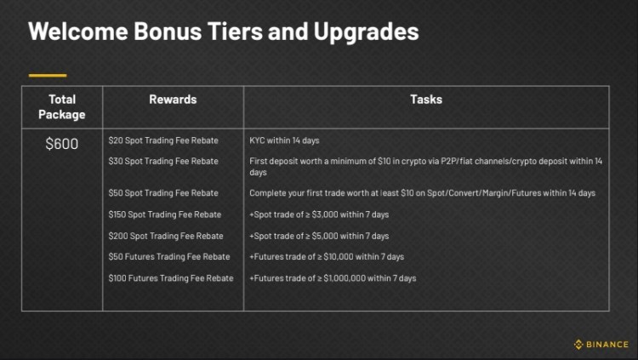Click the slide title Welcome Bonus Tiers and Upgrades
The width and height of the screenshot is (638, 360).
coord(223,32)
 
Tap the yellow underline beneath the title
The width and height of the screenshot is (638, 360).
coord(47,75)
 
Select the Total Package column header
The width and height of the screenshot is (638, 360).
coord(62,106)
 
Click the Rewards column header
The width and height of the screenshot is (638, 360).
coord(173,100)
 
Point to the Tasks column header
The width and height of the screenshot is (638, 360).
coord(425,100)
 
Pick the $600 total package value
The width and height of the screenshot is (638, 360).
coord(62,144)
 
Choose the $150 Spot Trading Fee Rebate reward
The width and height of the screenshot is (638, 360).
coord(165,214)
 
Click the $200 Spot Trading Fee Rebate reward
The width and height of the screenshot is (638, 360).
coord(166,236)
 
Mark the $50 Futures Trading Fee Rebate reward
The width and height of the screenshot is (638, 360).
coord(169,257)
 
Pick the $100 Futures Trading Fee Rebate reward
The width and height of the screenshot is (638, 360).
coord(171,278)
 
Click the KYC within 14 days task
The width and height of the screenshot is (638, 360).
coord(284,140)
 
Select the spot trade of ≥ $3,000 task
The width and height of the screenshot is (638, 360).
coord(319,214)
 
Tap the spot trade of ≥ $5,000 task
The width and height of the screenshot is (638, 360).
coord(319,236)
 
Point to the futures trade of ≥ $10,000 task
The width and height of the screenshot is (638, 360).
coord(327,257)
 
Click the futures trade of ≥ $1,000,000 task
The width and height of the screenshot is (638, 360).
coord(333,278)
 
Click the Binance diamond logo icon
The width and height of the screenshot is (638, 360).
coord(578,345)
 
